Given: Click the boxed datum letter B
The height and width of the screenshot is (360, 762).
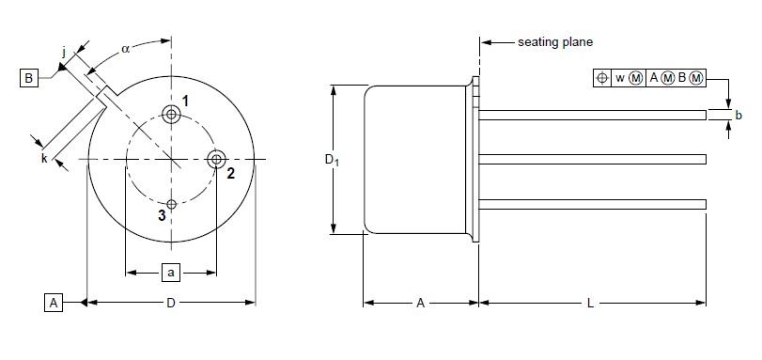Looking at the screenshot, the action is coord(29,78).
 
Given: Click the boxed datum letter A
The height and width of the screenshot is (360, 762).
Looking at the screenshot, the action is coord(54,303).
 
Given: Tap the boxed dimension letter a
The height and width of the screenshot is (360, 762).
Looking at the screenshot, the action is coord(171,273).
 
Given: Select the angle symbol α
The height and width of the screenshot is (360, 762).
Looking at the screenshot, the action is coord(126,49).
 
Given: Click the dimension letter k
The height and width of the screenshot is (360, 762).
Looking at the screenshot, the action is coord(44,158).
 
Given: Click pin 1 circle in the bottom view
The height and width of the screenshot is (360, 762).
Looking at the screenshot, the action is coord(171,115).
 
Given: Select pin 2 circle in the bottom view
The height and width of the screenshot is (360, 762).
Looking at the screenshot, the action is coord(216,159).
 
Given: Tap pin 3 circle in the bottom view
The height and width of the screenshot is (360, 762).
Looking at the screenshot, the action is coord(171,204).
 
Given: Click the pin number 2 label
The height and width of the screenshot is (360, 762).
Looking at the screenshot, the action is coord(231,173).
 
